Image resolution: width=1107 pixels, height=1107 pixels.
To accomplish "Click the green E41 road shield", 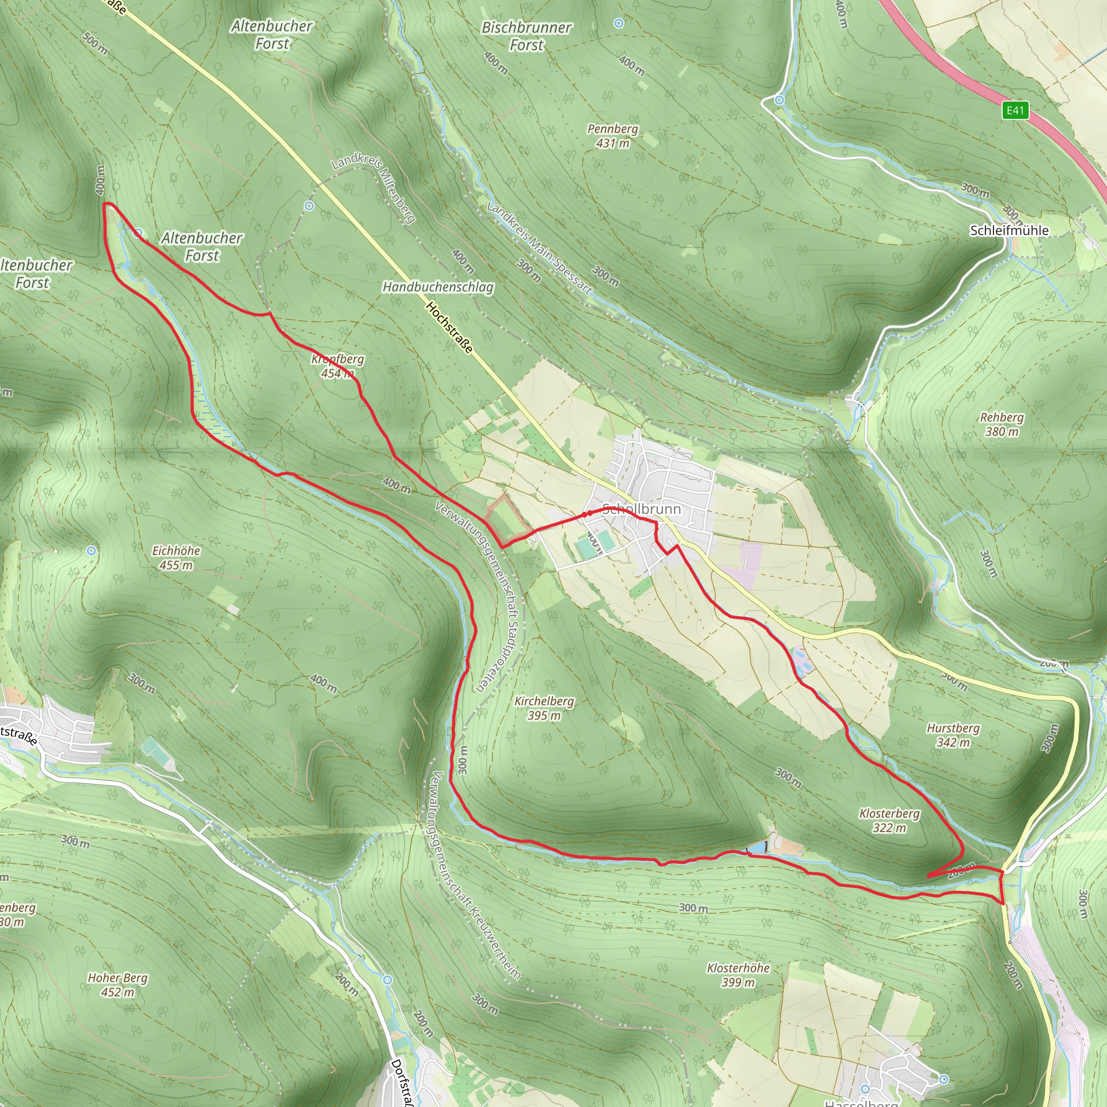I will coord(1015,110).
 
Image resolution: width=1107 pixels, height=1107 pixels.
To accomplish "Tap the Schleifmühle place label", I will coord(1009,230).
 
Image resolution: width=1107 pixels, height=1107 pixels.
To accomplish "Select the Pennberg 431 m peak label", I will coord(612,136).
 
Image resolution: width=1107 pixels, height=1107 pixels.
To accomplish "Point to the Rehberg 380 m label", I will coord(1002,424).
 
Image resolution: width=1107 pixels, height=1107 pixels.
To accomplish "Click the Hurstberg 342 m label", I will coord(953,735).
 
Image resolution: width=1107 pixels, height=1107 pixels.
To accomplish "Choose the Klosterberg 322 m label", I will coord(889,821).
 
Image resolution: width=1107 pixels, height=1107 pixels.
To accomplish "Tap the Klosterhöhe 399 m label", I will coord(738,975).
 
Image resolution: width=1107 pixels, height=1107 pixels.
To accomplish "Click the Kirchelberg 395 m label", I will coord(544,708).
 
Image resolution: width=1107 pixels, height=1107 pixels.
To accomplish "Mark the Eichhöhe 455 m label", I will coord(176,557).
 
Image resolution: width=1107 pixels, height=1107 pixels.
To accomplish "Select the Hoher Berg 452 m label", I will coord(117,984).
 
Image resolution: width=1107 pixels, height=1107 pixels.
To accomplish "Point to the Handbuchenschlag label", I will coord(438,286).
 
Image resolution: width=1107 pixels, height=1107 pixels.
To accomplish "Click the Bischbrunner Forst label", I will coord(526,36).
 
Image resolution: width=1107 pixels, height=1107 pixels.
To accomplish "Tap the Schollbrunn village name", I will coord(642,509).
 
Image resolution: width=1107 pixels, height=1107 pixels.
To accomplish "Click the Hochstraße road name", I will coord(450,328).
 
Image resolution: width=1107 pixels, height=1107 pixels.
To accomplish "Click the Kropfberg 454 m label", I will coord(337,365).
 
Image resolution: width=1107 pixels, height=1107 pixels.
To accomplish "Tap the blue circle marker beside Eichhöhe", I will coord(91,551).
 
